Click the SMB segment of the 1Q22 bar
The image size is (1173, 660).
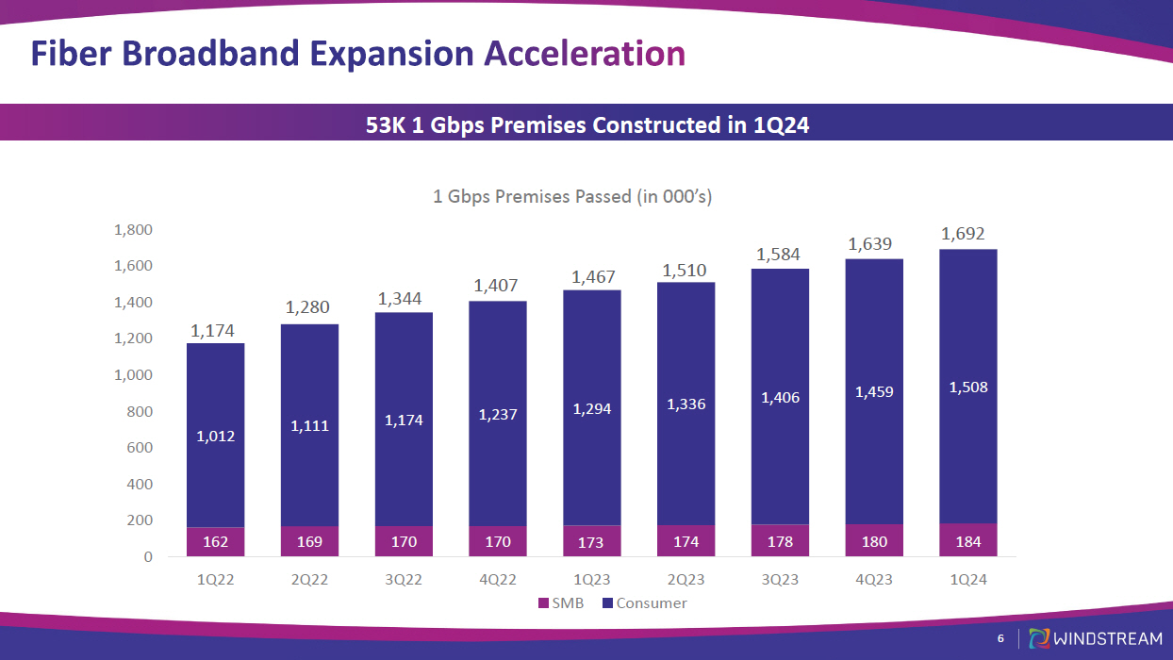[x=215, y=541]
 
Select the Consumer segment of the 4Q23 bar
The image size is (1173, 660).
[x=874, y=443]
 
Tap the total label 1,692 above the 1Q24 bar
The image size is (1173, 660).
[x=965, y=234]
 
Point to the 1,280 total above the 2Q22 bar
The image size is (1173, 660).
[x=309, y=308]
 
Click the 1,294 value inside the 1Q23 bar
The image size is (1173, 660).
[x=592, y=409]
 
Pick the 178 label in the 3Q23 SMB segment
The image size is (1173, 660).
[x=780, y=541]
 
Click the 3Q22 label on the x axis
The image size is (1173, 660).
[x=404, y=580]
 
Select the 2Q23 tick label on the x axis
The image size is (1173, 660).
[x=686, y=580]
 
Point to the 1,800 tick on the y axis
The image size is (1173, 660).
[x=133, y=230]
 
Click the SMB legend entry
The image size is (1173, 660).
[x=561, y=603]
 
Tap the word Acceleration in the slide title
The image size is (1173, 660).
[x=585, y=54]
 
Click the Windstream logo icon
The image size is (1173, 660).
[x=1038, y=638]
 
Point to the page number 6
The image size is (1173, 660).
[x=1001, y=639]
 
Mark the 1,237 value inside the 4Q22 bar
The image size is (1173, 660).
[x=498, y=415]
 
